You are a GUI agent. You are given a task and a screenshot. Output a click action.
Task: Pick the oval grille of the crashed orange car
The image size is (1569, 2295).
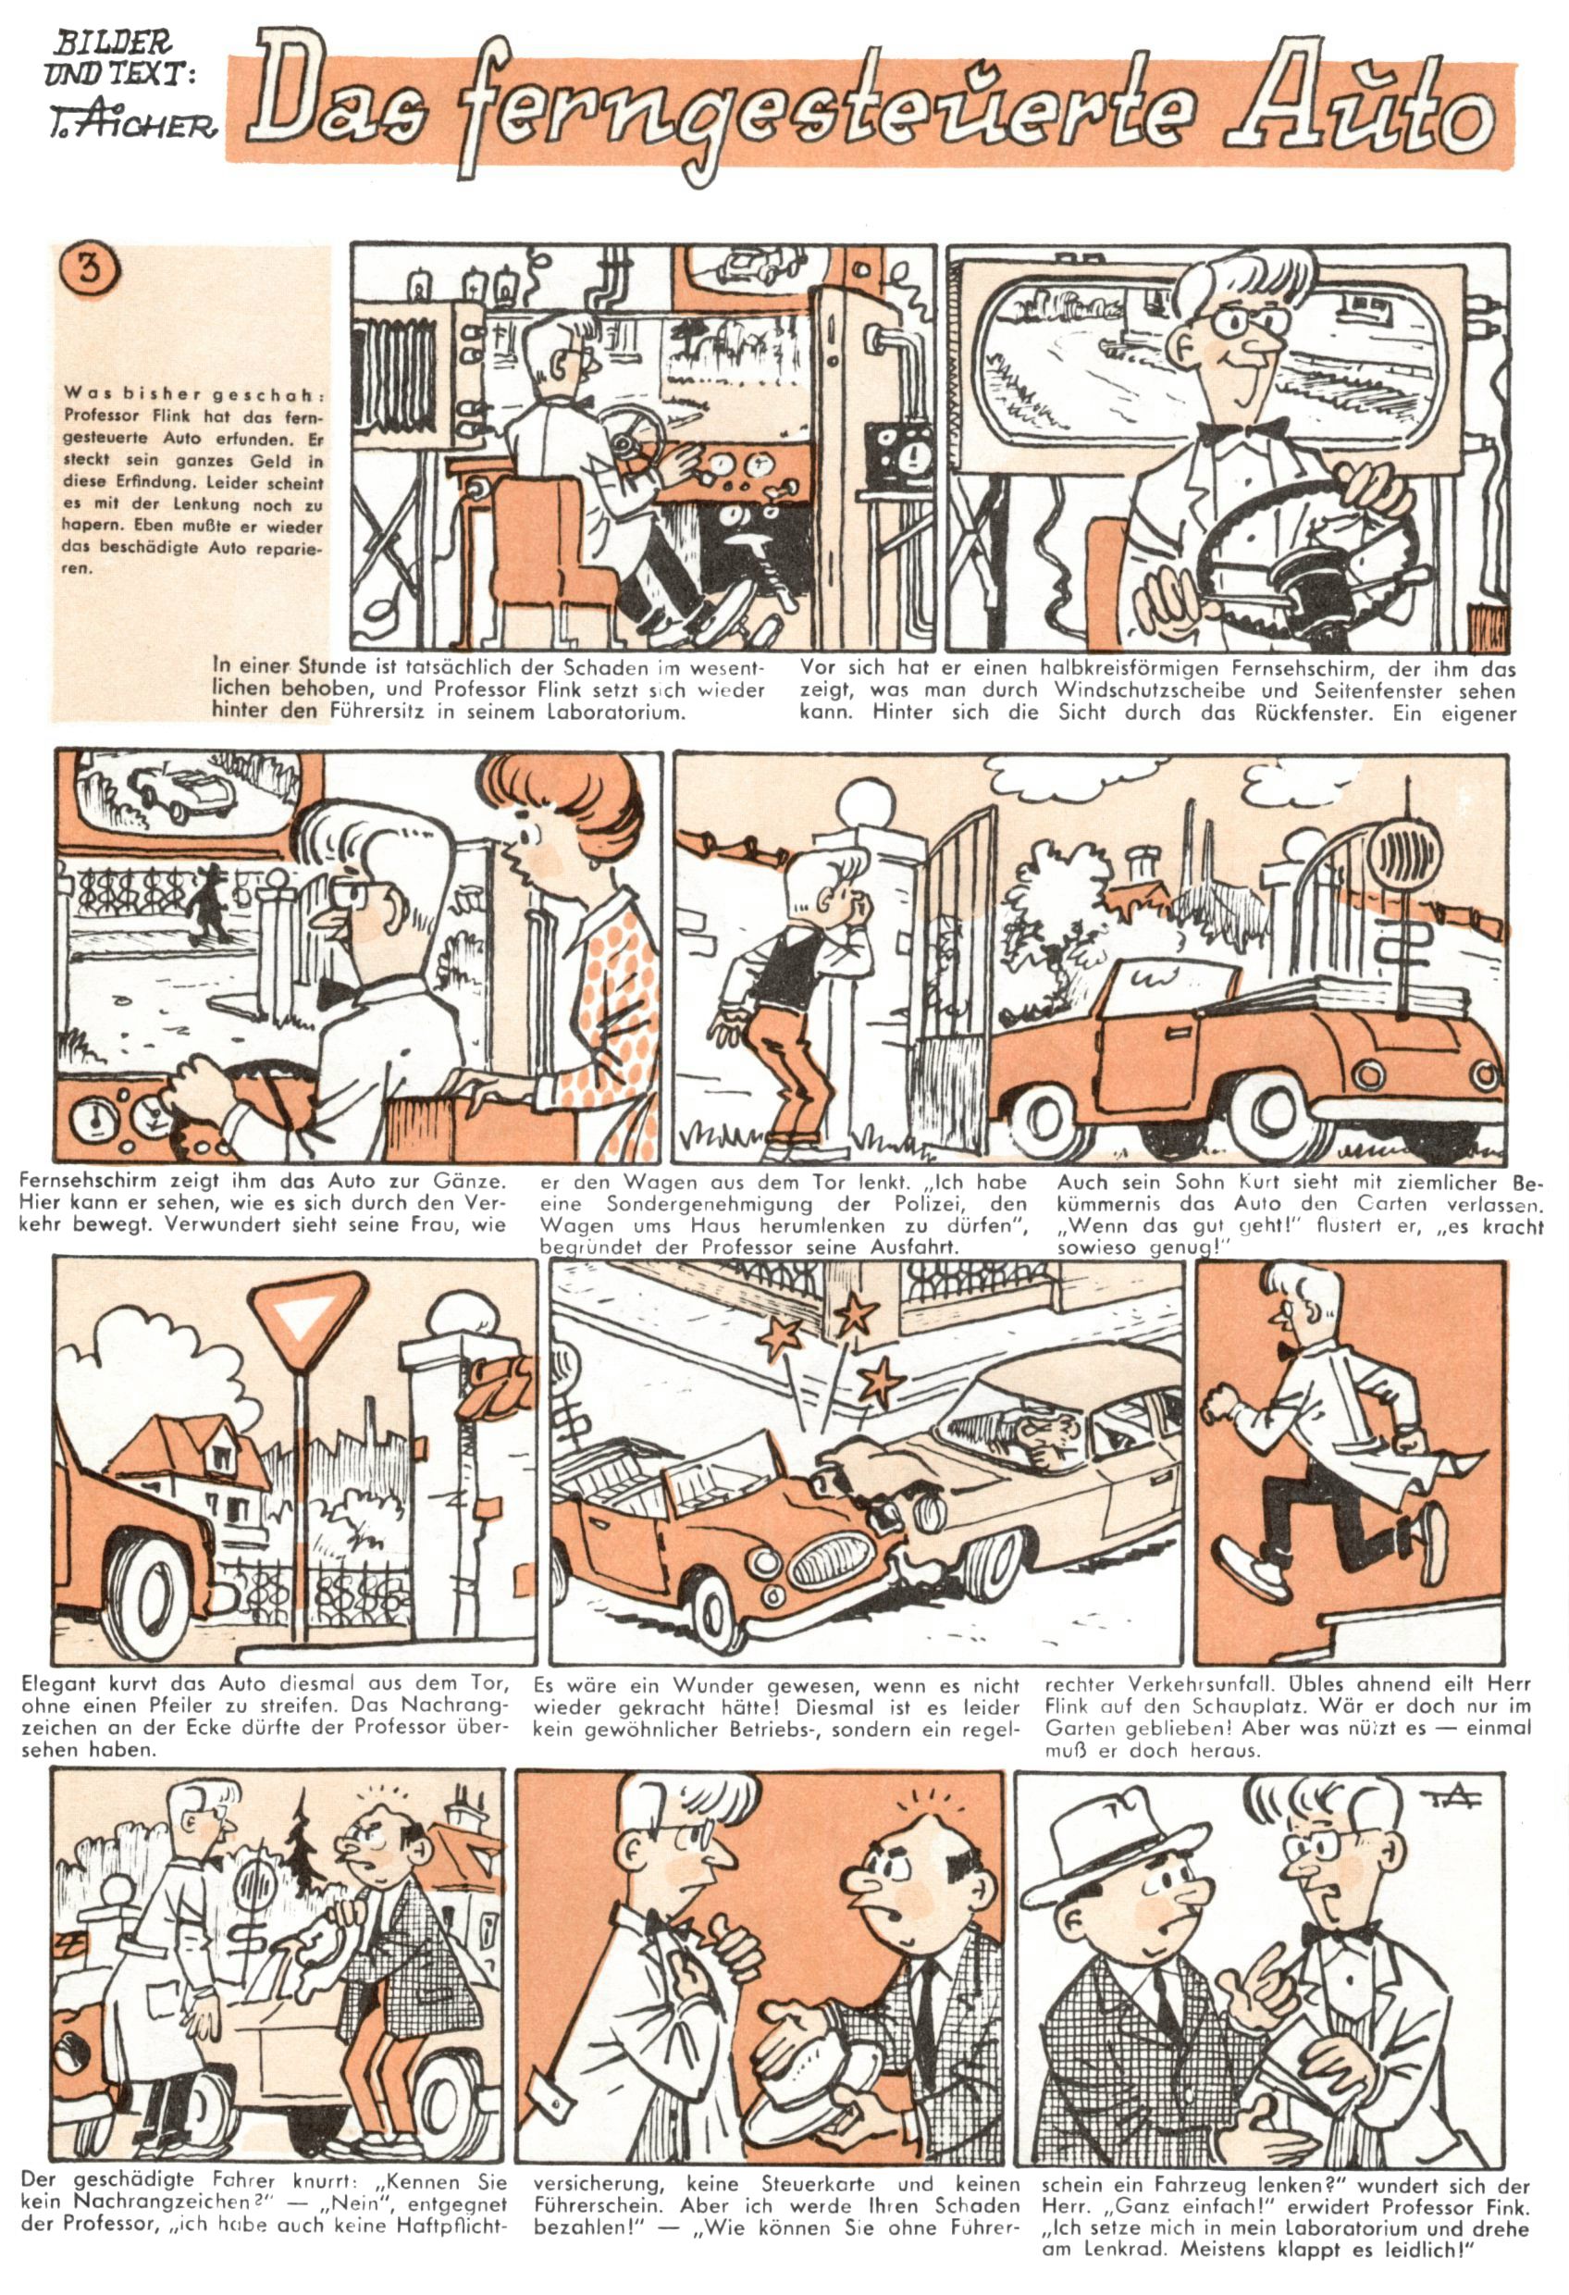[x=831, y=1564]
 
